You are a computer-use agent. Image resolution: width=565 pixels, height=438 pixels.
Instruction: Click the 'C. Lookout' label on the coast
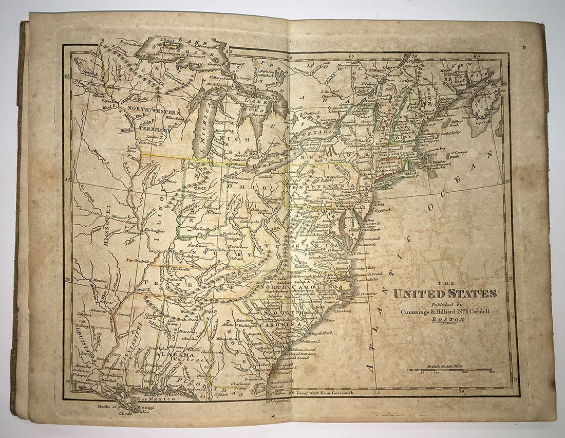point(343,311)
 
